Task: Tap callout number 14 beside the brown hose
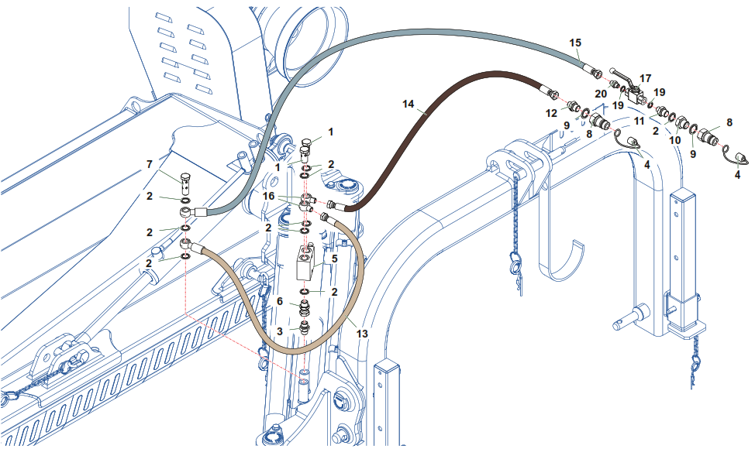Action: (409, 103)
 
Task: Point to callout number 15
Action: (575, 42)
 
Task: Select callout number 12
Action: (552, 113)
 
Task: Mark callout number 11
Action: (640, 122)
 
